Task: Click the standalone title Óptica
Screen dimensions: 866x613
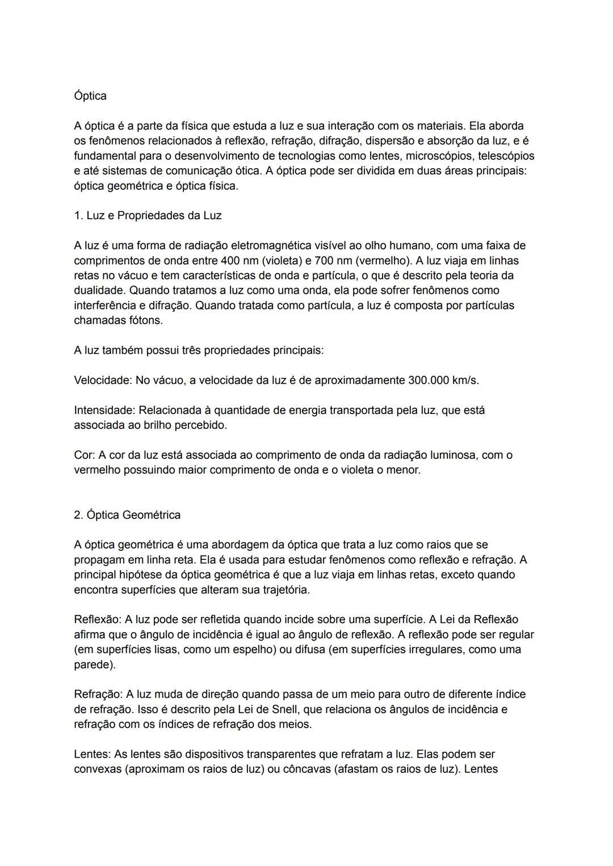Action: pos(90,95)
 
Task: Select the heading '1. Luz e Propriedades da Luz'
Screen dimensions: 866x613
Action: pos(148,216)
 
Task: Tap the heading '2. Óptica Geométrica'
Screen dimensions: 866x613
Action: pos(127,515)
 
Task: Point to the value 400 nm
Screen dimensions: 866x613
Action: pos(240,261)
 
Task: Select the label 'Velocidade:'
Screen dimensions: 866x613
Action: pos(103,380)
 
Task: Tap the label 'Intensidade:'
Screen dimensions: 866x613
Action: pos(104,410)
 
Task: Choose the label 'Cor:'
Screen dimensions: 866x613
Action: pos(85,455)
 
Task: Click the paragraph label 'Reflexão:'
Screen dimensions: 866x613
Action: pos(98,620)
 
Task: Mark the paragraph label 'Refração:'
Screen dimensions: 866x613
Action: pos(98,695)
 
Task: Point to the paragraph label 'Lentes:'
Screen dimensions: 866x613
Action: pos(93,755)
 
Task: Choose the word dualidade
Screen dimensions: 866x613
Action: pos(100,290)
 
